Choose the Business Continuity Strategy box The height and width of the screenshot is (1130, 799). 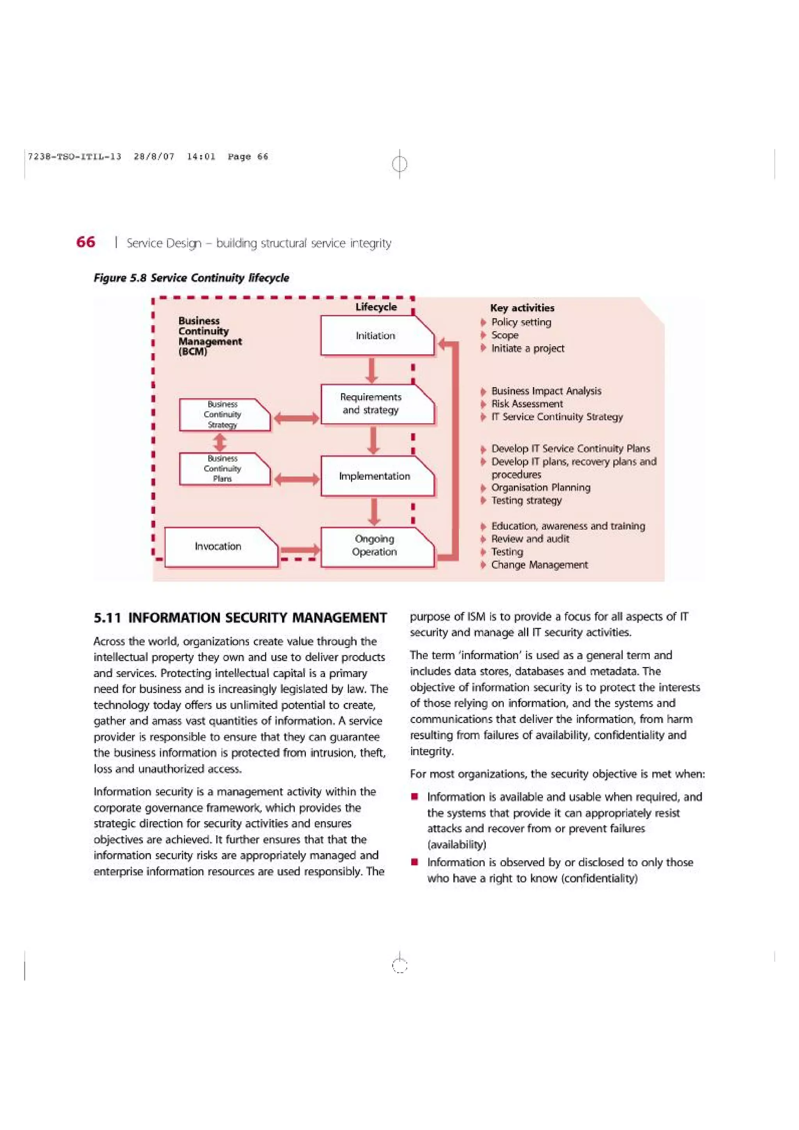pos(224,414)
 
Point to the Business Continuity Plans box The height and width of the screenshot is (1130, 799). pos(224,469)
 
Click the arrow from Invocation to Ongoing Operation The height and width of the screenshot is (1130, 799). pos(299,550)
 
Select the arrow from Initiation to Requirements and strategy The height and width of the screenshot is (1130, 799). pos(373,370)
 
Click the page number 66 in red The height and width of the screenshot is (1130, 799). pos(86,242)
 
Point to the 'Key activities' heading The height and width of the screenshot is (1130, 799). pos(522,308)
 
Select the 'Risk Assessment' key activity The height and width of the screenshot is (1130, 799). pos(527,404)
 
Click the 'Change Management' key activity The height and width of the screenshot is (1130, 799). pos(539,565)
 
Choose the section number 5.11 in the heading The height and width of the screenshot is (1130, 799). pos(107,618)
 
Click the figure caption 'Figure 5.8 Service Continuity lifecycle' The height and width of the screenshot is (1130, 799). pos(192,278)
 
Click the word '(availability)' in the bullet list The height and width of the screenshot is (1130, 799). pos(456,845)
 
